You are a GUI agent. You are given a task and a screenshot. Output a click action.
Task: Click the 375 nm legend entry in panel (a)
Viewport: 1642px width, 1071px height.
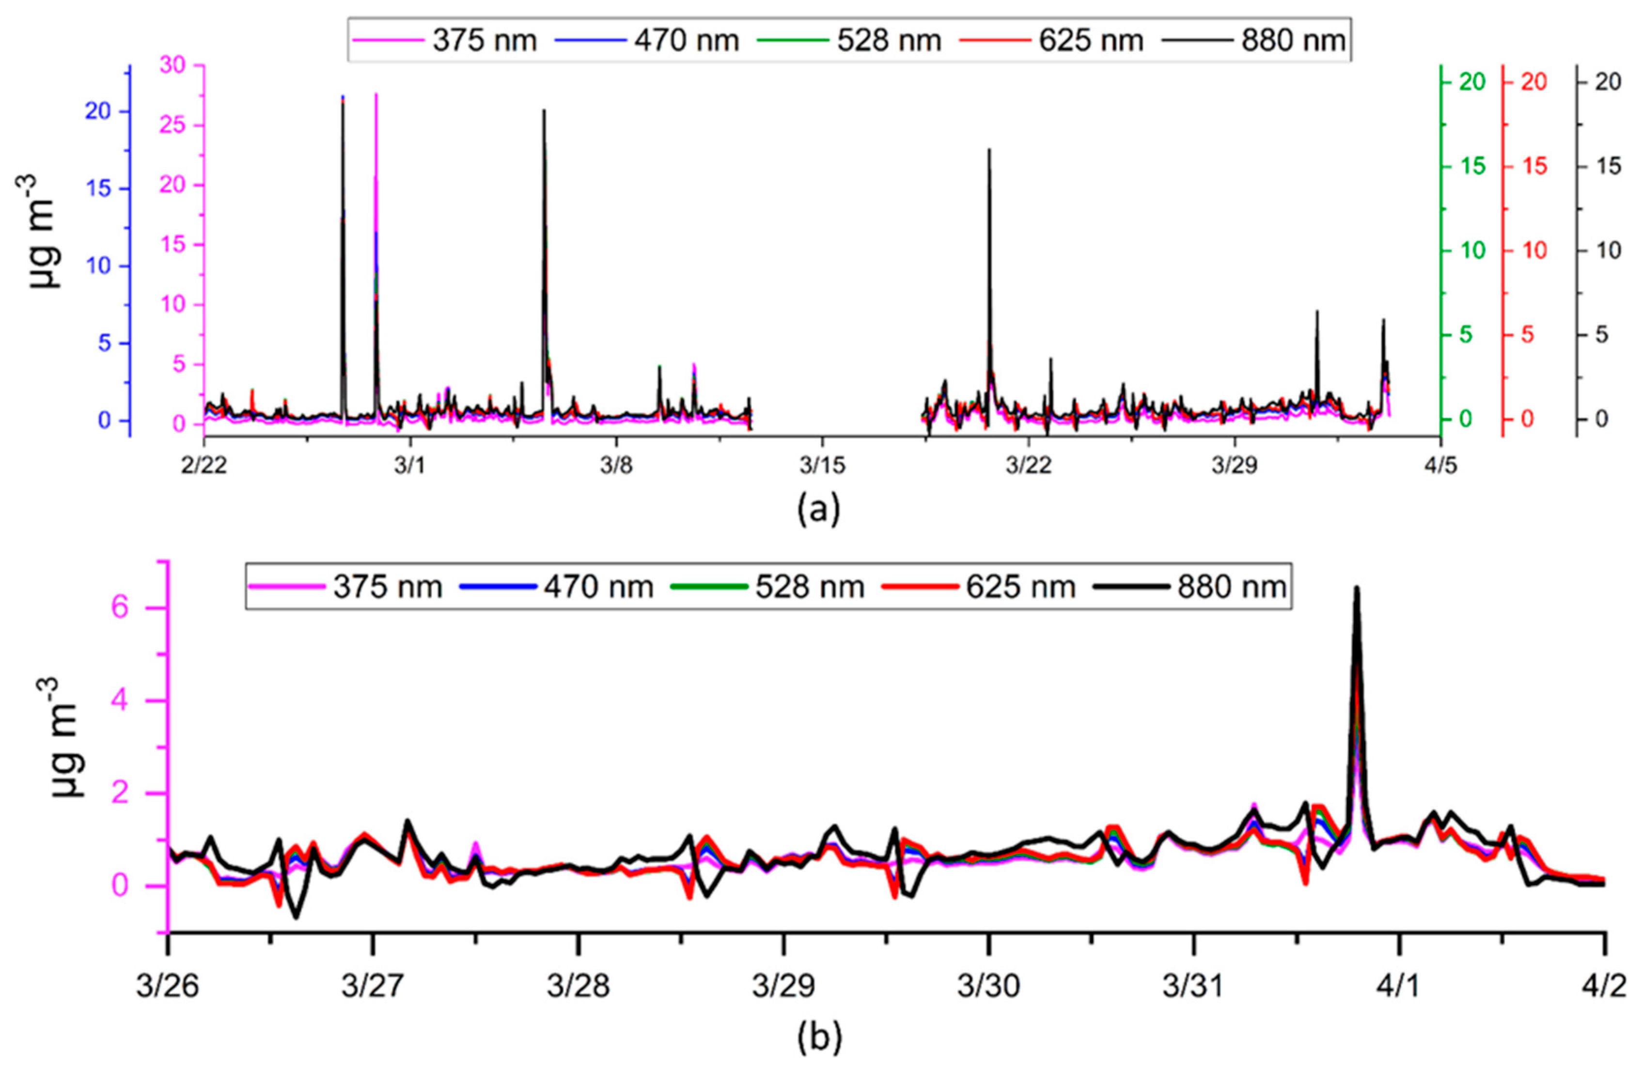tap(445, 40)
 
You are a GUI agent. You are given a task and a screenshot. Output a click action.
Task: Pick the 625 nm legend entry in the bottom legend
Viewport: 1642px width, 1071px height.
tap(980, 587)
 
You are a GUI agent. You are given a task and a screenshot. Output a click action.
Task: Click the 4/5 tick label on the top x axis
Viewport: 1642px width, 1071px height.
tap(1439, 466)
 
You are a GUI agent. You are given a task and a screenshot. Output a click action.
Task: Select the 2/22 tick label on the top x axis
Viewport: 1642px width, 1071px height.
tap(203, 466)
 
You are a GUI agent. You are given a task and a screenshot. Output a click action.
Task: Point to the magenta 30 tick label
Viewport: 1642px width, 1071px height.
tap(173, 65)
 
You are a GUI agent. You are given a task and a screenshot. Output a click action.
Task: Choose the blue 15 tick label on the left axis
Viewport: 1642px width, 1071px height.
tap(99, 189)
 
